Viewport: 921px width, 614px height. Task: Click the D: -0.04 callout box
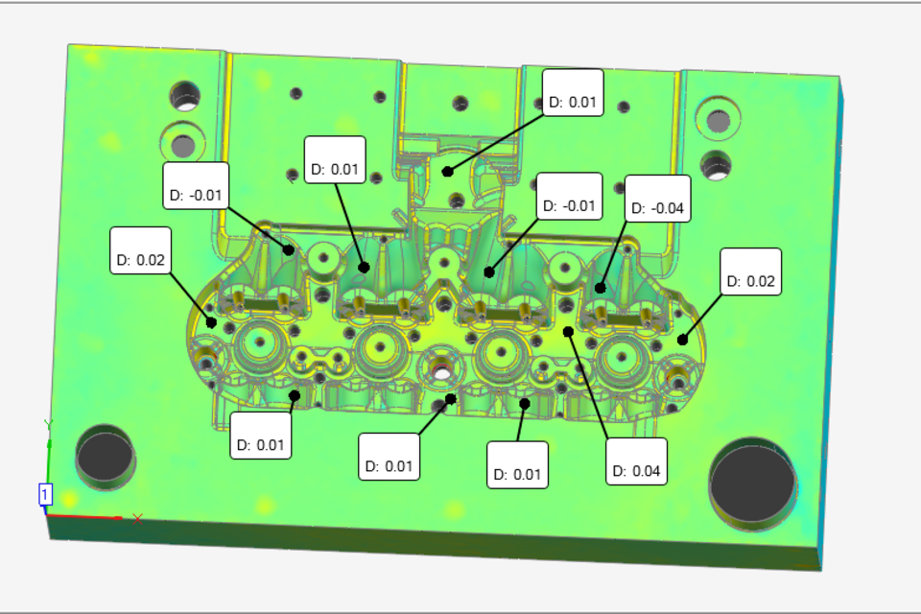tap(657, 199)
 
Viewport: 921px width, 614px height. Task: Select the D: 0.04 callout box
tap(636, 461)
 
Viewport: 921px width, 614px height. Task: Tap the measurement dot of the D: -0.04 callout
tap(600, 288)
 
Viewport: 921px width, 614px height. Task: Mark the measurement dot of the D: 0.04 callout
tap(568, 332)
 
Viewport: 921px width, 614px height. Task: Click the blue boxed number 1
tap(45, 494)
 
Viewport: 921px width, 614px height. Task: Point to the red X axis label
tap(137, 519)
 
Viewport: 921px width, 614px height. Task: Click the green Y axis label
tap(48, 424)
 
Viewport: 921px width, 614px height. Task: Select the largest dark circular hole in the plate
tap(752, 483)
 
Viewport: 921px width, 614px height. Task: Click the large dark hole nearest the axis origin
tap(105, 456)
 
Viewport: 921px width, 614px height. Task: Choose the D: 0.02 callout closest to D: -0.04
tap(750, 272)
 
